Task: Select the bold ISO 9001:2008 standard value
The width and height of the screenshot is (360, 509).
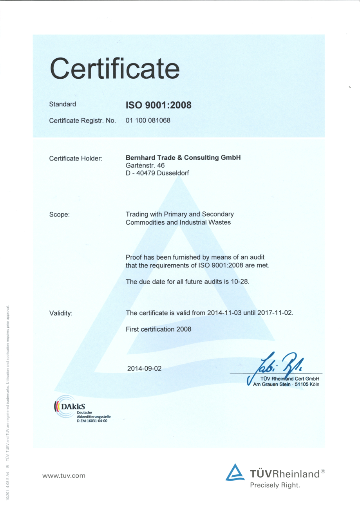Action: [x=158, y=105]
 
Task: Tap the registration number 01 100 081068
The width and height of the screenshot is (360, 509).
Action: [x=148, y=120]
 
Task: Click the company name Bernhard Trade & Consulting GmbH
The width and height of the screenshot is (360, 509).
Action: [x=183, y=157]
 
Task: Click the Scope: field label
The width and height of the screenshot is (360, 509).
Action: [x=59, y=215]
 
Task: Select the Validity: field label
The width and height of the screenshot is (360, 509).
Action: [x=61, y=313]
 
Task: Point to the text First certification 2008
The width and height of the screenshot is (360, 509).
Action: [x=158, y=329]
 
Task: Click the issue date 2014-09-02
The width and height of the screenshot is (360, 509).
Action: [x=144, y=368]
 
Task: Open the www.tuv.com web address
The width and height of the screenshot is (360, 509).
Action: [x=63, y=476]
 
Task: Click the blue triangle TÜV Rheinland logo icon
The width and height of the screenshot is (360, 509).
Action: [x=235, y=473]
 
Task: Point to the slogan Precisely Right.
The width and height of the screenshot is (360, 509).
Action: [x=275, y=486]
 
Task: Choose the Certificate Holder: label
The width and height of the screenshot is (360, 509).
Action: [x=76, y=158]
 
